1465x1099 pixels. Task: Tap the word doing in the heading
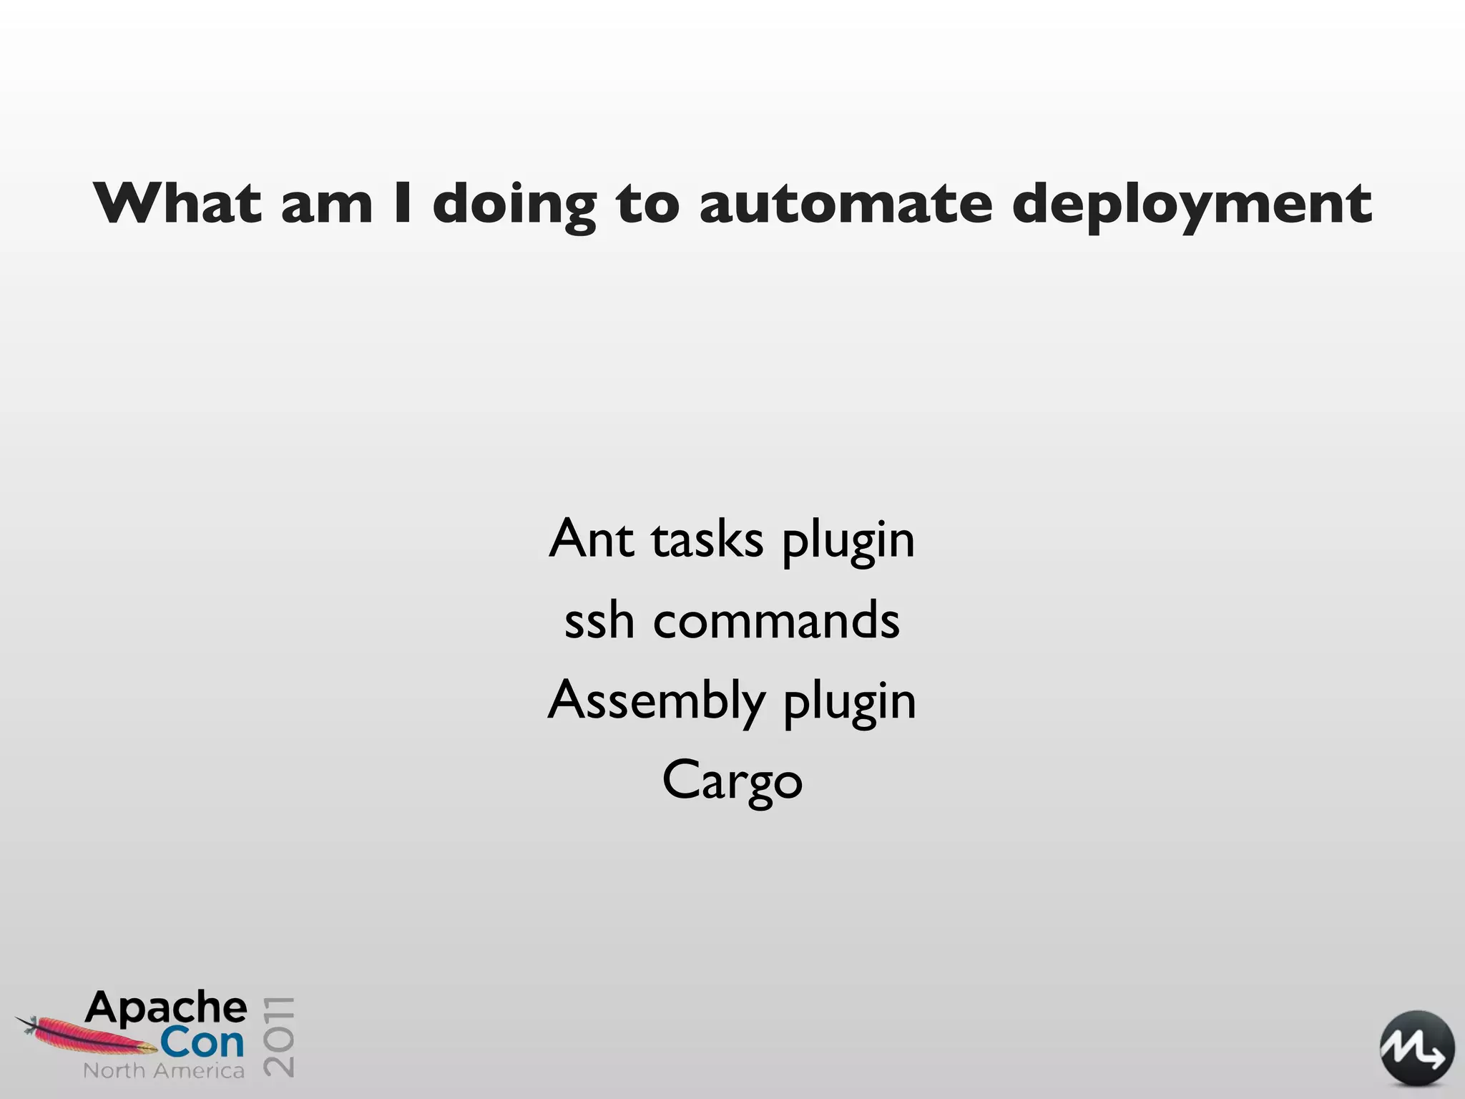click(514, 205)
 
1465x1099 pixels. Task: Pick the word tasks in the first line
click(707, 539)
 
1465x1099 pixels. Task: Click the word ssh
click(599, 620)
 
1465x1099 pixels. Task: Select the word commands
click(776, 620)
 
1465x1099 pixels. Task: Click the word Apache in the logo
click(166, 1008)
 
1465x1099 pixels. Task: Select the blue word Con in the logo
click(202, 1043)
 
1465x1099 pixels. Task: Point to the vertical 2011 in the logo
click(279, 1035)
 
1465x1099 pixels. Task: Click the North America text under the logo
click(164, 1071)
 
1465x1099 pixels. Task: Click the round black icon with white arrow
click(1416, 1047)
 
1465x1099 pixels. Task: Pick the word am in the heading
click(327, 205)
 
